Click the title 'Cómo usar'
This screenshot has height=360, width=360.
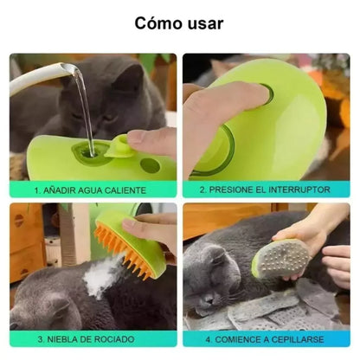coord(179,23)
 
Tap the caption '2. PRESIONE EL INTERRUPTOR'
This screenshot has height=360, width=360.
coord(266,189)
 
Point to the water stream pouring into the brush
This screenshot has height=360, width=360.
coord(84,108)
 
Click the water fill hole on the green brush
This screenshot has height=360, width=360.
coord(86,151)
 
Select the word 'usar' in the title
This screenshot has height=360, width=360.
coord(204,23)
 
